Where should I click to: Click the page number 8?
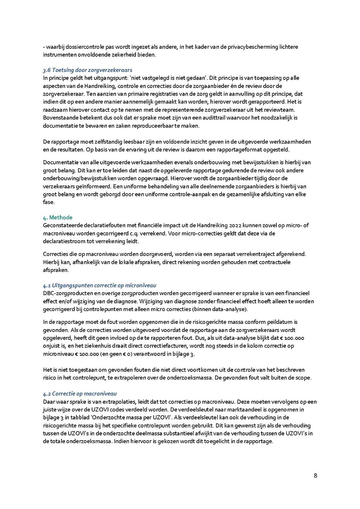click(x=315, y=475)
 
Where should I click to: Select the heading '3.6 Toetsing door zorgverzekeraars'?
click(x=88, y=70)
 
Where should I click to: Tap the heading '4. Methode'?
click(x=58, y=218)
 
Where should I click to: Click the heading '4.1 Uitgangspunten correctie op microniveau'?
click(x=100, y=285)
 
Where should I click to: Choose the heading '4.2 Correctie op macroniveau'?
click(x=80, y=394)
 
